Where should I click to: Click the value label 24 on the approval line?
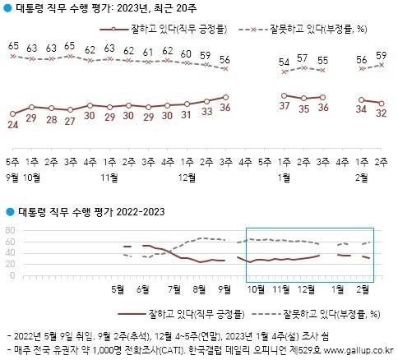(x=12, y=127)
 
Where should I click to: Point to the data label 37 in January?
(x=285, y=107)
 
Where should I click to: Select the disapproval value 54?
(x=285, y=62)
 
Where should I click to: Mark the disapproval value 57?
(x=303, y=58)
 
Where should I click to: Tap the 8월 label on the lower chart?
(x=197, y=288)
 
